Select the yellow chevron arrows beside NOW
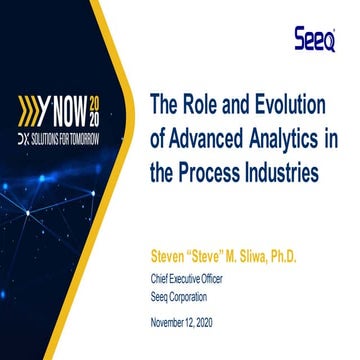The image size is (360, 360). (28, 108)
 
